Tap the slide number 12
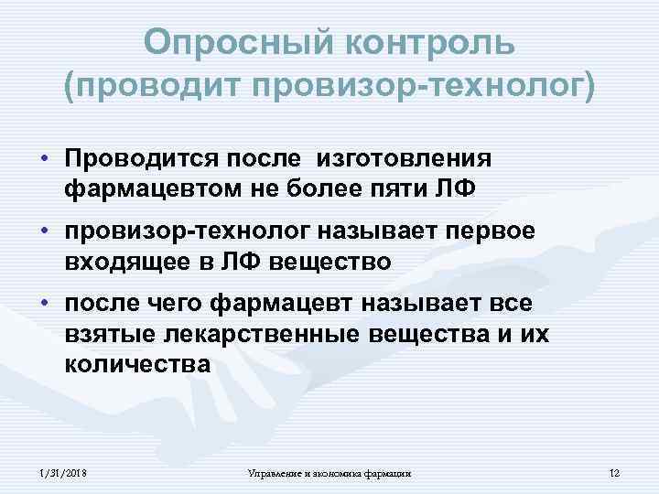(614, 473)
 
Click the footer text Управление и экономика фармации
(329, 473)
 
